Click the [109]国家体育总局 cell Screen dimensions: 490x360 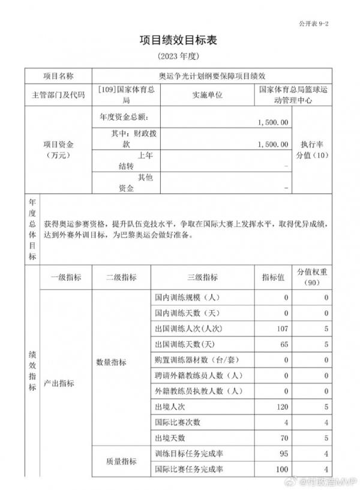click(x=126, y=95)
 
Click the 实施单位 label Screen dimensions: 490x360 click(x=207, y=95)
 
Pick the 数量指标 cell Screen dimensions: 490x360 click(x=112, y=363)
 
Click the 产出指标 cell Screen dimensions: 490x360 click(x=59, y=383)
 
